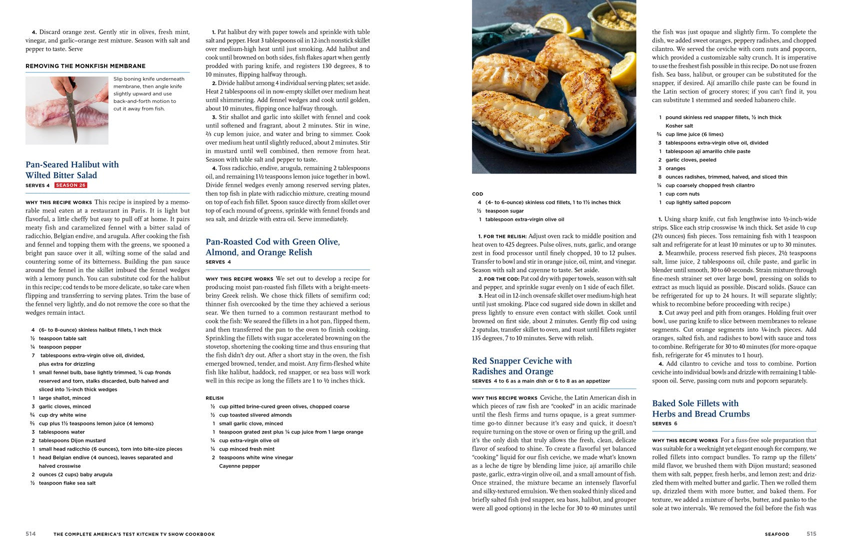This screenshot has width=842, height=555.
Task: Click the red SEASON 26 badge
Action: pos(70,185)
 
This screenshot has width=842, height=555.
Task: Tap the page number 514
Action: pos(30,534)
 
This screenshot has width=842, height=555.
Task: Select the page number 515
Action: pos(811,534)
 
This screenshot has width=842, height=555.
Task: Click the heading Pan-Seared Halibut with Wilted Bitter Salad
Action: pos(72,170)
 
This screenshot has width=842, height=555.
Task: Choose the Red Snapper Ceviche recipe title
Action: pos(521,366)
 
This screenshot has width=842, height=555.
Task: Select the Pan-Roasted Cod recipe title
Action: pos(272,247)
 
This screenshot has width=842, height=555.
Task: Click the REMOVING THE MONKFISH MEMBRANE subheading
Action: pos(85,66)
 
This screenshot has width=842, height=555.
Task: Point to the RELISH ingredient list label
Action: pos(214,398)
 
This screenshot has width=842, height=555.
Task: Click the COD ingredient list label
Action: pos(477,194)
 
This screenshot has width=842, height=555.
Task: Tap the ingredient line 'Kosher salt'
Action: pos(678,126)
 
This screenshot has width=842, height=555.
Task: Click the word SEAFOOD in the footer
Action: pos(776,534)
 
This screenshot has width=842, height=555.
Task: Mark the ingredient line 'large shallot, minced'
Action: pos(64,398)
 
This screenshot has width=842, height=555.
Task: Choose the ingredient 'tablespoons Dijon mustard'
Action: pos(72,440)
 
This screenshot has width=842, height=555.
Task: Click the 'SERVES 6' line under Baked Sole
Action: pos(664,423)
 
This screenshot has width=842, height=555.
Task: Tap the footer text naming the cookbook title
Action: pos(134,534)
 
